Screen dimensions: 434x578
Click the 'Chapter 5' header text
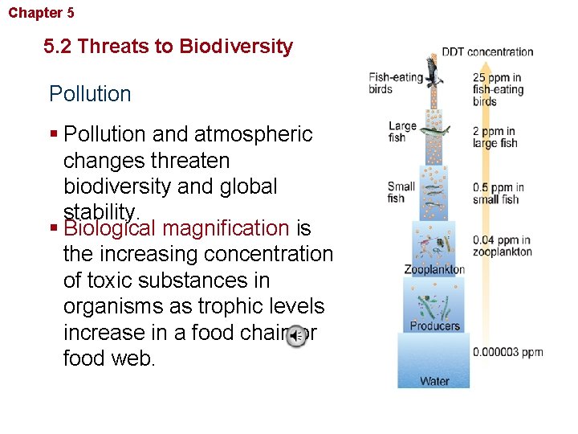tap(42, 13)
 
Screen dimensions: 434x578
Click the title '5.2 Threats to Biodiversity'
tap(169, 47)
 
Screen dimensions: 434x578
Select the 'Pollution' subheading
tap(90, 94)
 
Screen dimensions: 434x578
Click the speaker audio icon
tap(296, 336)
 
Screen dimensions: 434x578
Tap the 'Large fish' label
tap(402, 132)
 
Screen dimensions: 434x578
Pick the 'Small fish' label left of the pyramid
tap(401, 193)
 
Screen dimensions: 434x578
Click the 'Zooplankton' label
tap(433, 269)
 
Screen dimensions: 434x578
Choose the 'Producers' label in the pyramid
tap(434, 325)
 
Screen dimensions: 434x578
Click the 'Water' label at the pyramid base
tap(434, 380)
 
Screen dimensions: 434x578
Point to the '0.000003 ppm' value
tap(507, 352)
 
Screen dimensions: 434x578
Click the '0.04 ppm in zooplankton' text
tap(502, 246)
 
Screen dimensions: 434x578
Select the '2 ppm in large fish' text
tap(495, 137)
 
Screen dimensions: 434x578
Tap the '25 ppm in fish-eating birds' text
tap(498, 90)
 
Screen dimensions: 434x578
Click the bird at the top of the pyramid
tap(433, 71)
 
